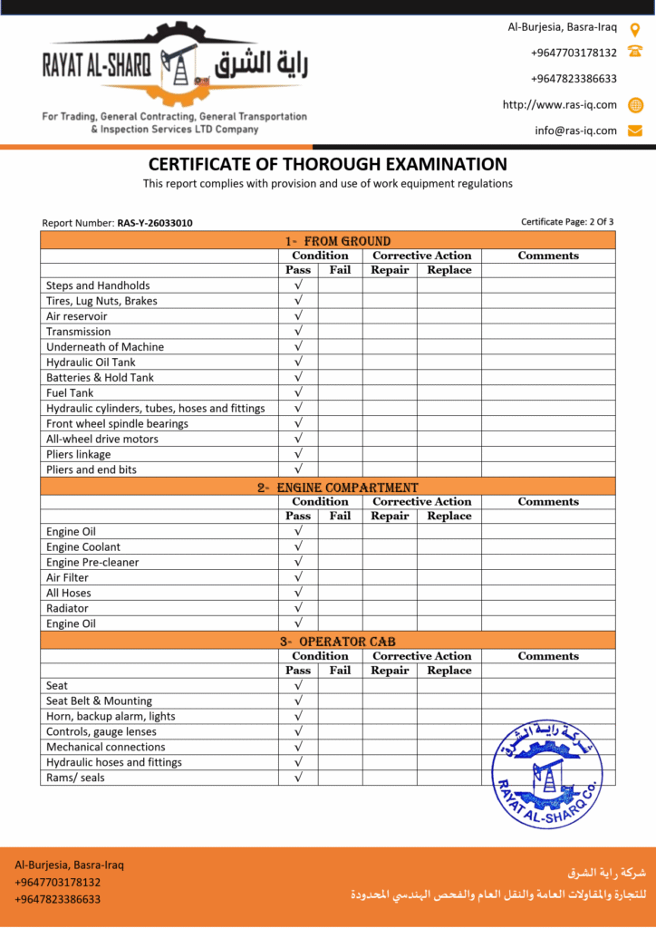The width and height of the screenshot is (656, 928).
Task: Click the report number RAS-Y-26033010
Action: pyautogui.click(x=155, y=223)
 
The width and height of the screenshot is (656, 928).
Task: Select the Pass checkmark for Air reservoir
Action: pyautogui.click(x=298, y=316)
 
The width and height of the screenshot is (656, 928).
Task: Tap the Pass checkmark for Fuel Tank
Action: pyautogui.click(x=298, y=393)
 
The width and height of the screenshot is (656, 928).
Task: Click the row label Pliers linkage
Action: pyautogui.click(x=79, y=454)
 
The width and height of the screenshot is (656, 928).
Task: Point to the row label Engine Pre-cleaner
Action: pyautogui.click(x=92, y=562)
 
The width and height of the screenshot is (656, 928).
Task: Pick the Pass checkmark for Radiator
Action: pyautogui.click(x=298, y=608)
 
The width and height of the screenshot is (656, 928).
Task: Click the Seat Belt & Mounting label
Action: pyautogui.click(x=99, y=701)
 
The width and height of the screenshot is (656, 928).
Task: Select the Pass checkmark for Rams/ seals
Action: pyautogui.click(x=298, y=778)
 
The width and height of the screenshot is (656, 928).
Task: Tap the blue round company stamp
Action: pyautogui.click(x=546, y=773)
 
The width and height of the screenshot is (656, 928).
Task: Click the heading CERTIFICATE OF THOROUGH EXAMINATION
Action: pyautogui.click(x=328, y=165)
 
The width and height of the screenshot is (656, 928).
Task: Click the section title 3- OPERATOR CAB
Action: pyautogui.click(x=328, y=642)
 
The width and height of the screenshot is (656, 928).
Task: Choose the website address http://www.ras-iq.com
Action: pyautogui.click(x=560, y=104)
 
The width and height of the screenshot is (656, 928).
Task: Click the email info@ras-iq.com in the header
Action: pyautogui.click(x=575, y=130)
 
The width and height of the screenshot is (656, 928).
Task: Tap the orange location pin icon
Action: pyautogui.click(x=635, y=28)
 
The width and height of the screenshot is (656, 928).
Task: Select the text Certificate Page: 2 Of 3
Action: pyautogui.click(x=567, y=222)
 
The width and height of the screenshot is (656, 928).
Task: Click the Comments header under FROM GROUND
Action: pyautogui.click(x=548, y=256)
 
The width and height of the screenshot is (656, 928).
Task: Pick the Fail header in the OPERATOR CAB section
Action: pyautogui.click(x=340, y=671)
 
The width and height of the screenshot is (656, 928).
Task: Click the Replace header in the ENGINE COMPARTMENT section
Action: pyautogui.click(x=449, y=516)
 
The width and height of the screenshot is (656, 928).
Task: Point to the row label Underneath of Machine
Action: pyautogui.click(x=105, y=347)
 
